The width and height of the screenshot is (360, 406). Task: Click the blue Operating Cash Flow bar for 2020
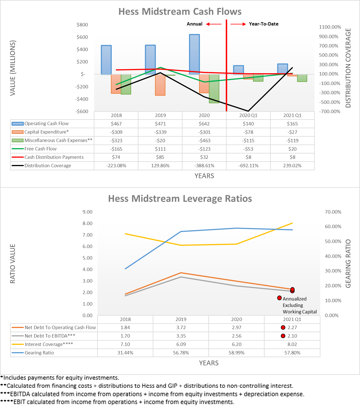[x=194, y=54]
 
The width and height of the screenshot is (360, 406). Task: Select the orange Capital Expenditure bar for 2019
[x=160, y=85]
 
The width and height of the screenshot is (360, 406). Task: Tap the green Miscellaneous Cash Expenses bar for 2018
[x=126, y=84]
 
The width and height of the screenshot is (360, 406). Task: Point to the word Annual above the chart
[x=194, y=24]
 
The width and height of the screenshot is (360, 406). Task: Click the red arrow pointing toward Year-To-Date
[x=238, y=24]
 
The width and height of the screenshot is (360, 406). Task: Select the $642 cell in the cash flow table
[x=204, y=124]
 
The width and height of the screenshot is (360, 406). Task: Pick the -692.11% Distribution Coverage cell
[x=248, y=166]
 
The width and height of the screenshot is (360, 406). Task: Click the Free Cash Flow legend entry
[x=40, y=149]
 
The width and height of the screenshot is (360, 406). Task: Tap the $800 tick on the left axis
[x=82, y=25]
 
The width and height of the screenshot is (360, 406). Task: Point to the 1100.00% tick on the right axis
[x=330, y=27]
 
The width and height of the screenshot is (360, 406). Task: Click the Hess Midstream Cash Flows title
[x=180, y=12]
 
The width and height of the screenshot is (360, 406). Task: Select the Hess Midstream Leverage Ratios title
[x=180, y=199]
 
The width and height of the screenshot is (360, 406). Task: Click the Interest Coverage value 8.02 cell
[x=292, y=344]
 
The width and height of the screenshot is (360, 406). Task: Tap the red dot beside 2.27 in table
[x=283, y=327]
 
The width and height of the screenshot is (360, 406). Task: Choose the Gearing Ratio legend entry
[x=39, y=353]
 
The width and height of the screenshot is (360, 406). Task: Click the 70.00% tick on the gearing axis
[x=333, y=212]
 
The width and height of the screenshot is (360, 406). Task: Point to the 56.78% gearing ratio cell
[x=181, y=353]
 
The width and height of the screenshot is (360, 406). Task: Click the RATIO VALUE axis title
[x=13, y=263]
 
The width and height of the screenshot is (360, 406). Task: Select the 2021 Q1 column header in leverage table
[x=292, y=319]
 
